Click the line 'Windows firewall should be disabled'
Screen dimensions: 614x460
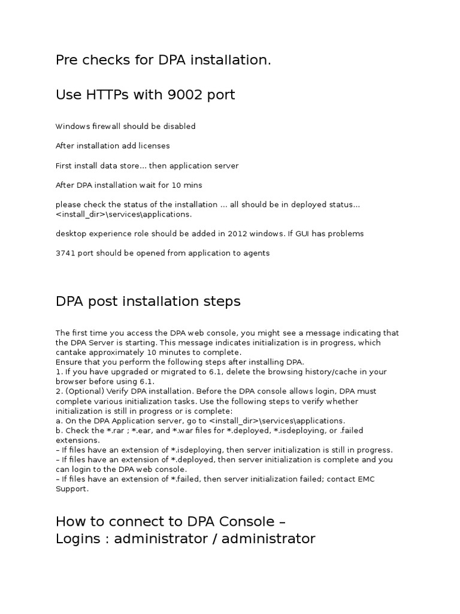125,127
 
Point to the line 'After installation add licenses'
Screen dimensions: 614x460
113,146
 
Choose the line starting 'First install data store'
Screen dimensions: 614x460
147,165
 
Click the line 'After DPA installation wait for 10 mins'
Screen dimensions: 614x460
133,185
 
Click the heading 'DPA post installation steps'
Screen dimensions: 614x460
148,302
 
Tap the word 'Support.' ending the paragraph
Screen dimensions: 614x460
72,489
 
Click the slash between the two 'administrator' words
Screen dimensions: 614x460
213,538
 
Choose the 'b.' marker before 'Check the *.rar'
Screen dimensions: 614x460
59,431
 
